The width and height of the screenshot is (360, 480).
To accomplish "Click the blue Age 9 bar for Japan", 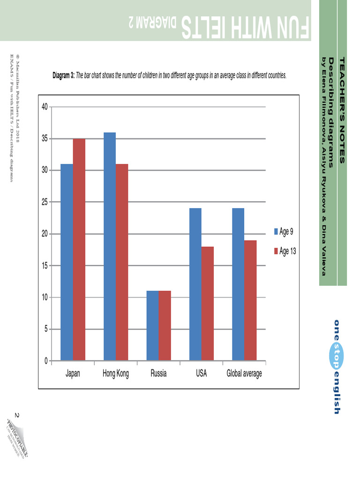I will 67,262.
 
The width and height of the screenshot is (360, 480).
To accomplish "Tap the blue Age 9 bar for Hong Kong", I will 110,247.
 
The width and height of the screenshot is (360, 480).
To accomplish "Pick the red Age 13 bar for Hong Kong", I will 122,262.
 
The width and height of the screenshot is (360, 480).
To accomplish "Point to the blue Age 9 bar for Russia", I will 152,326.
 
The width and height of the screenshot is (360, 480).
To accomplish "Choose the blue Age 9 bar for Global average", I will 238,285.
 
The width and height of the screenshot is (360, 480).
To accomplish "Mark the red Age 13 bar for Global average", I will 250,300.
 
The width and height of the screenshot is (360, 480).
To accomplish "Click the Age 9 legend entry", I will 285,232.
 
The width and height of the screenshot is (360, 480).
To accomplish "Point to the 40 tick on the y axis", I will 45,107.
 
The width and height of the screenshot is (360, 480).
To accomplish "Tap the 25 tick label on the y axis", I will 45,202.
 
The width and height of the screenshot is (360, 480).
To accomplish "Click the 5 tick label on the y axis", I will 46,329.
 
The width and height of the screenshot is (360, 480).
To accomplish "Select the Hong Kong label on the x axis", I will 115,374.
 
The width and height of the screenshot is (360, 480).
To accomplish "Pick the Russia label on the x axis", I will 159,374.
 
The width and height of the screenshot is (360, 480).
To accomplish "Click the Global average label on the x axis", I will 244,374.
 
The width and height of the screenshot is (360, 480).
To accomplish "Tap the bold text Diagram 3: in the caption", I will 63,75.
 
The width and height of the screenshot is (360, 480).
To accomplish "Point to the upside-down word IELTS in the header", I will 206,28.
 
